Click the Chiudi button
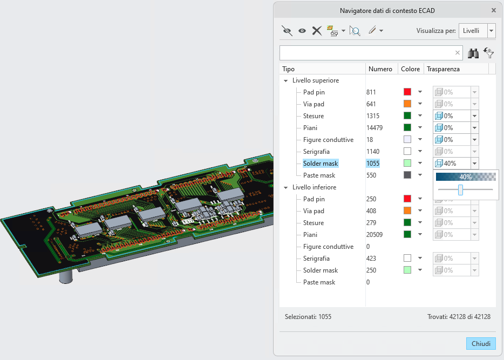[481, 344]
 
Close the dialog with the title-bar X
[494, 11]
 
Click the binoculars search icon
[473, 53]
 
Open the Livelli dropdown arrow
[491, 31]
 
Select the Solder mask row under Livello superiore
[321, 164]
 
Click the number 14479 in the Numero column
[374, 128]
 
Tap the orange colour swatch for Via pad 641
[407, 104]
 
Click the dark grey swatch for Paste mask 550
[407, 175]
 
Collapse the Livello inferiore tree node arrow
[286, 187]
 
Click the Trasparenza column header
[443, 69]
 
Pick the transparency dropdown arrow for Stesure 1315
[474, 116]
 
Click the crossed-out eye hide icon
[287, 31]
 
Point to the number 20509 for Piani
[374, 235]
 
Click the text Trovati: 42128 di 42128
[459, 317]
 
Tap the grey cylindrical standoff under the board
[66, 277]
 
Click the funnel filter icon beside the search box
[489, 53]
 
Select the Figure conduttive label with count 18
[328, 140]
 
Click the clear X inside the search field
[458, 53]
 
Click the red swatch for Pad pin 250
[407, 199]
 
